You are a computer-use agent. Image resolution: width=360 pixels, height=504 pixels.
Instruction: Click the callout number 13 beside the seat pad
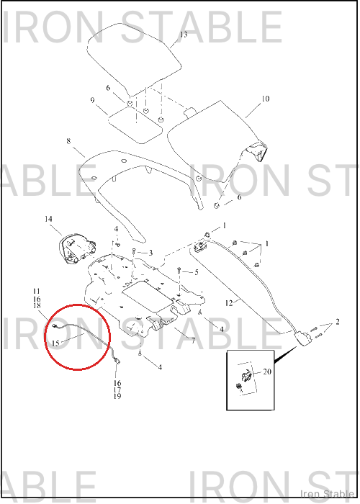184,35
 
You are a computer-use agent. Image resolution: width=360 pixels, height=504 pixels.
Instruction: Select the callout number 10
265,99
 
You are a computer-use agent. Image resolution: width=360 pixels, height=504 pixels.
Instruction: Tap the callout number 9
93,100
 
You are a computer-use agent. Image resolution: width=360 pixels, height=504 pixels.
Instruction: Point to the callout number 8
69,141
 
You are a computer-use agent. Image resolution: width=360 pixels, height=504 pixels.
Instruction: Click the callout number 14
48,219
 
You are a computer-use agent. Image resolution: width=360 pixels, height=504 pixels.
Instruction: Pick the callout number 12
229,303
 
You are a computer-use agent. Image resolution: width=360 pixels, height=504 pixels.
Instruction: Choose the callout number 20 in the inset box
267,372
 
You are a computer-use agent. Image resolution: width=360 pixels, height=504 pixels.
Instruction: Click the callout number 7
193,340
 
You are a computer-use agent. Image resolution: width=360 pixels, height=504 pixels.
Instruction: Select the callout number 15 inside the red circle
55,343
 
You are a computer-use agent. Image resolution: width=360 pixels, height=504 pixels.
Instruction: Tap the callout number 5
197,273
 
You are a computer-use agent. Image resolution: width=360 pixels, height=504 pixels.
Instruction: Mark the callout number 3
150,253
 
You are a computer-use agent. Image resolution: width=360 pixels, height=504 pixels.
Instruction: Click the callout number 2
338,321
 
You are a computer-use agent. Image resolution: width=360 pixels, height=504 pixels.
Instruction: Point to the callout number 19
117,396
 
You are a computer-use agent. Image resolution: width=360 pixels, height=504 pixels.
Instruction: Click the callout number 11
36,291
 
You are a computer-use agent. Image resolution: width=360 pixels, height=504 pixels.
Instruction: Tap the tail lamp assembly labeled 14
77,249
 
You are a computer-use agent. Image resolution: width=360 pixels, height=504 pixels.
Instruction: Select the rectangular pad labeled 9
135,125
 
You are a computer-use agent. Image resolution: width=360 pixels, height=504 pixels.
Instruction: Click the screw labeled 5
179,270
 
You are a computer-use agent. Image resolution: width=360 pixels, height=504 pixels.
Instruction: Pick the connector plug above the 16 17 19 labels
117,361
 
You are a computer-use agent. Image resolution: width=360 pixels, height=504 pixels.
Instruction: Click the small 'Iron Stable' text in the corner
327,494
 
